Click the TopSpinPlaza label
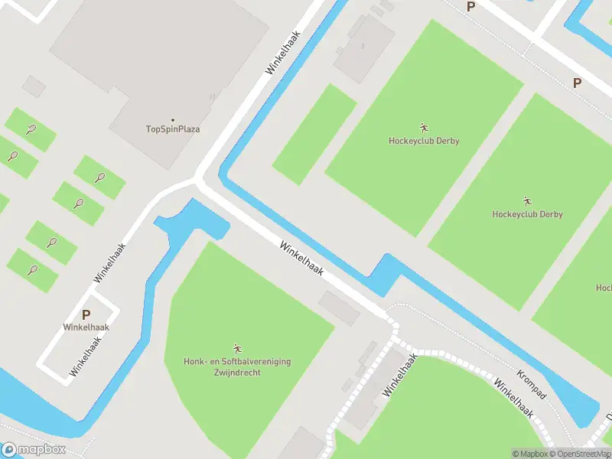click(x=173, y=129)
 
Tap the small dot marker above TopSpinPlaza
click(x=173, y=119)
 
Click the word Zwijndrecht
click(x=237, y=372)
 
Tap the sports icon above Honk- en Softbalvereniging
click(x=237, y=349)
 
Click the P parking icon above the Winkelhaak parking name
click(x=86, y=314)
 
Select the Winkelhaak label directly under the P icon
click(x=86, y=327)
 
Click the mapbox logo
click(x=34, y=450)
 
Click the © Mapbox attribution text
click(x=530, y=454)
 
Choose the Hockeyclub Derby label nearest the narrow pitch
click(x=424, y=141)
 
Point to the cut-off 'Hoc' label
click(x=604, y=288)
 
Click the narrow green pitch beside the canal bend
click(x=314, y=134)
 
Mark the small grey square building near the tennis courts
click(x=34, y=86)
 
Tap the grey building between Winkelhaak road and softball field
click(x=339, y=308)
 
